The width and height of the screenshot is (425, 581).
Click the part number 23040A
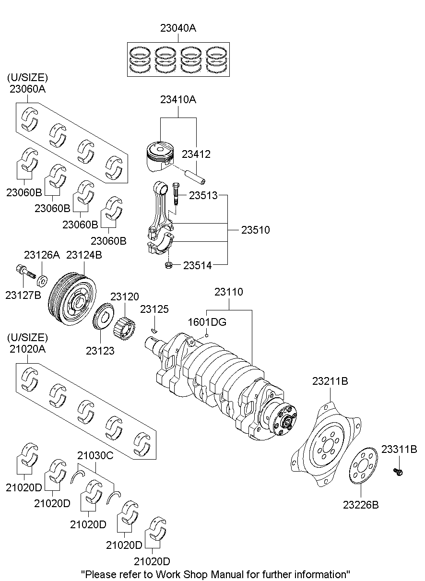(178, 29)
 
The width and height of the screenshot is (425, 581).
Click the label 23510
(255, 230)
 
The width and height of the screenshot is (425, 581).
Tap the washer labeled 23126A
(43, 279)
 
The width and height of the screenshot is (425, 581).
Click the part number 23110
(228, 292)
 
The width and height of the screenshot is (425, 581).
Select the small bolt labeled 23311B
(398, 472)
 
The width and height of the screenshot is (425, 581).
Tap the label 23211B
(330, 382)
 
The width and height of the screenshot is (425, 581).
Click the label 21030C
(95, 456)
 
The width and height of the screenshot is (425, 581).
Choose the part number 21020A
(27, 349)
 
